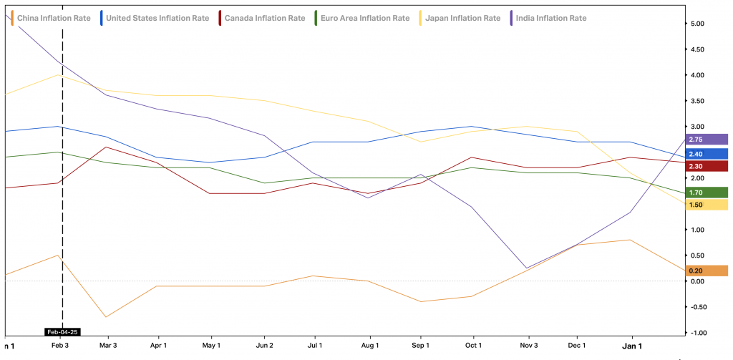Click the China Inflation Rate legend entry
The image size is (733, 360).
click(49, 17)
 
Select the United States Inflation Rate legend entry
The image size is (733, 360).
click(155, 17)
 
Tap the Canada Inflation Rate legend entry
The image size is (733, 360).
click(263, 17)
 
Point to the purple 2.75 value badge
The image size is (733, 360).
click(705, 140)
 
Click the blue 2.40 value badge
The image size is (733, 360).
click(705, 154)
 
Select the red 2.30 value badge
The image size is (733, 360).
click(705, 166)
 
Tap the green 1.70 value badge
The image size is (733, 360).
click(705, 193)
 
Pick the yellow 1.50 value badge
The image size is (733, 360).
click(705, 205)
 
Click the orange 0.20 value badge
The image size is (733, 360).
click(705, 271)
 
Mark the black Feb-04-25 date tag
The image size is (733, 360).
click(62, 331)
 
